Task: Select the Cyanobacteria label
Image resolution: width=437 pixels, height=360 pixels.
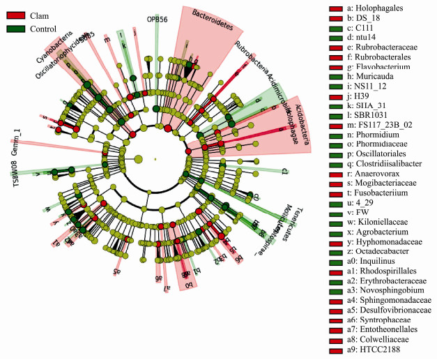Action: [x=54, y=45]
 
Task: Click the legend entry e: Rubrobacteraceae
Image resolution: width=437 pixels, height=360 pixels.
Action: [x=382, y=47]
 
